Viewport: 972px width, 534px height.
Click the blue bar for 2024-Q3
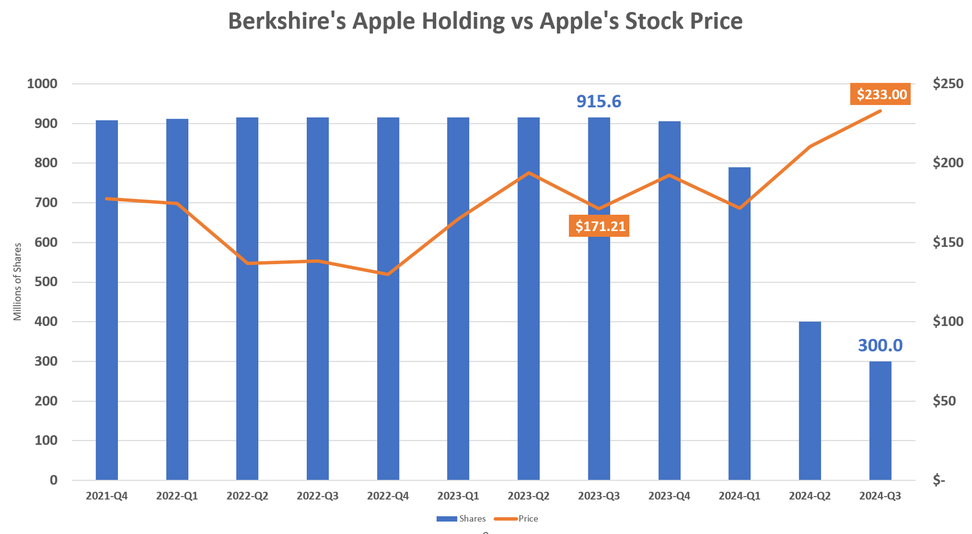point(880,421)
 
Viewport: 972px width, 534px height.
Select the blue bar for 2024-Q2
point(809,400)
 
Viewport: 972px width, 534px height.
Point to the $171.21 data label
point(600,226)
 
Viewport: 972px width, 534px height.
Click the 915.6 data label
point(598,101)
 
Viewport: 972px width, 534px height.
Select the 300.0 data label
point(880,346)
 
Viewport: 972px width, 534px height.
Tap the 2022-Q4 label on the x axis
point(388,496)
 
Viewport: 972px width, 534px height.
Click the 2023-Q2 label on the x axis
point(529,496)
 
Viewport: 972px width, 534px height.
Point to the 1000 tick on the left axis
point(42,84)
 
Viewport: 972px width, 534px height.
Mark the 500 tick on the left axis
point(46,282)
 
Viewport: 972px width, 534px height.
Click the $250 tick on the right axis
point(948,84)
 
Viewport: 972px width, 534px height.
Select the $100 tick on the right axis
point(948,322)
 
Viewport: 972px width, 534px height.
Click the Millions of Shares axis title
point(18,282)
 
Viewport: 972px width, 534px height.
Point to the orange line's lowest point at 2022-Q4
point(388,274)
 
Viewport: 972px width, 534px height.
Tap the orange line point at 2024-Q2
point(810,147)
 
